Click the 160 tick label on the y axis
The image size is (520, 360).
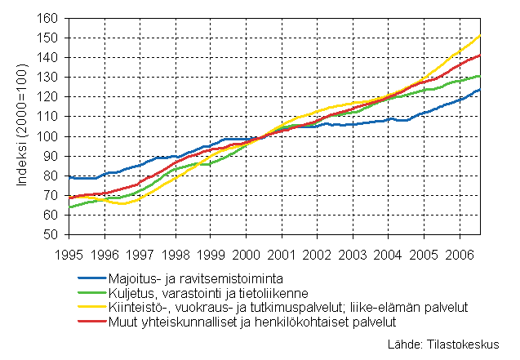(48, 18)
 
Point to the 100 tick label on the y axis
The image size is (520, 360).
(48, 136)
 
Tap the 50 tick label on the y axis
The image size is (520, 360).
(51, 235)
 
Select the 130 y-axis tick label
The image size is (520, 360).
(48, 78)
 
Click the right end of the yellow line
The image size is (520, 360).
(478, 35)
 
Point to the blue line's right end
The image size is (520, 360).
(478, 90)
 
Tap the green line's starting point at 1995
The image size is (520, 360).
(69, 207)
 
